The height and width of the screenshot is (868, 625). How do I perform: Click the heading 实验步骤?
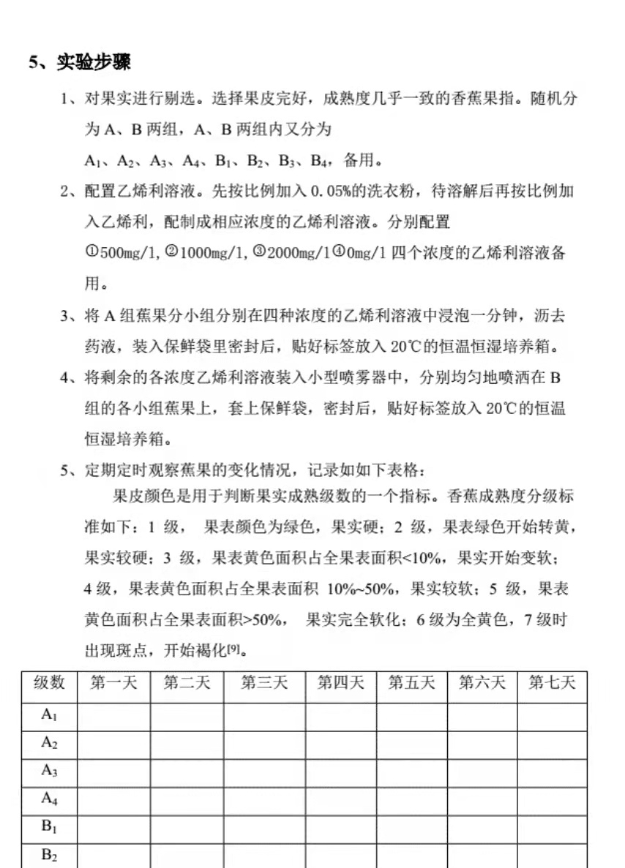click(x=94, y=63)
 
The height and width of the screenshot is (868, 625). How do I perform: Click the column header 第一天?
click(x=113, y=683)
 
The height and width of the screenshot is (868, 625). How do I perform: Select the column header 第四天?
click(x=340, y=683)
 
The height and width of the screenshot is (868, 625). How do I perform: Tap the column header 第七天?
click(x=552, y=683)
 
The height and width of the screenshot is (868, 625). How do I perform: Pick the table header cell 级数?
click(x=49, y=683)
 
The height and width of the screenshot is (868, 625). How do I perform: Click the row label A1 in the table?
click(x=49, y=716)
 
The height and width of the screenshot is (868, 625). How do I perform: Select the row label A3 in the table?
click(x=49, y=771)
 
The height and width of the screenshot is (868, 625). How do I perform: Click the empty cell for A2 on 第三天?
click(x=264, y=744)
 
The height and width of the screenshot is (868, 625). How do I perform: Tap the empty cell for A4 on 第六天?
click(x=482, y=799)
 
